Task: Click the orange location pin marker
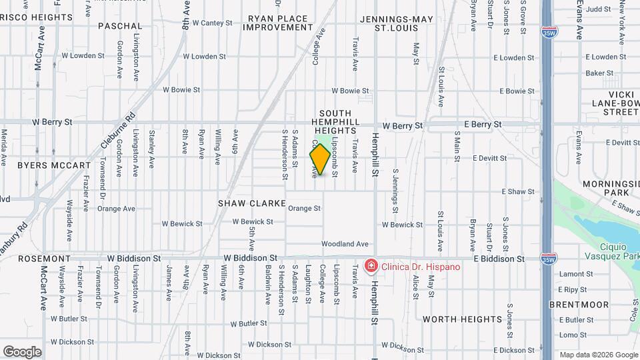[x=320, y=159]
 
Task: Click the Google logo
[x=22, y=351]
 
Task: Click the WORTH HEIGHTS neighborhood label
[x=463, y=319]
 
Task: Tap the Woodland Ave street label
[x=345, y=244]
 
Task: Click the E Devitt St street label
[x=490, y=158]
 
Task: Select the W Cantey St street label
[x=212, y=23]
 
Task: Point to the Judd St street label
[x=599, y=9]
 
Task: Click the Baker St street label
[x=599, y=73]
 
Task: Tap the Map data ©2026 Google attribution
[x=597, y=354]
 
